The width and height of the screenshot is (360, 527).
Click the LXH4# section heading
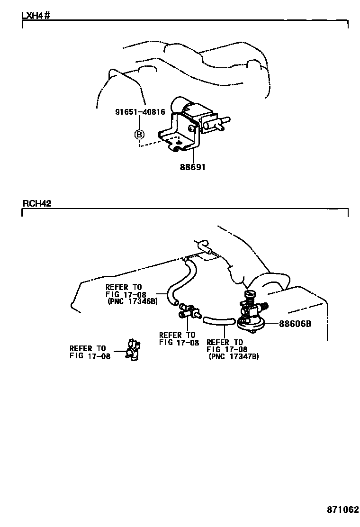pos(36,15)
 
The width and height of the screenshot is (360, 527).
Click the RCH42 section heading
pos(37,203)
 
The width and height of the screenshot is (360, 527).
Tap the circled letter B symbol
pos(139,135)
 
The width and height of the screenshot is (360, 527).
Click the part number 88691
pos(192,167)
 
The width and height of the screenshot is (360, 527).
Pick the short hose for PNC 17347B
pos(218,322)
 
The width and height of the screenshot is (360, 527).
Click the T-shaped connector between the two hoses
pos(188,310)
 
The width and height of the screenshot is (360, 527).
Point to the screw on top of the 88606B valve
pos(250,296)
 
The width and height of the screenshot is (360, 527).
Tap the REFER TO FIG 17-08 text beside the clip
pos(90,353)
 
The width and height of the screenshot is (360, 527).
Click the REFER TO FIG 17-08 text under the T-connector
pos(179,339)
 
